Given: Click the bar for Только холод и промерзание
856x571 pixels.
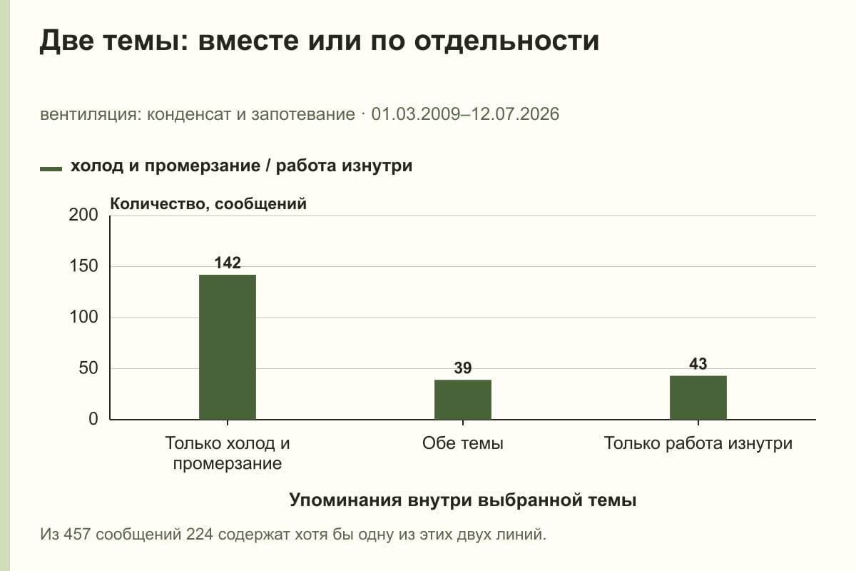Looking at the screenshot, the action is pyautogui.click(x=228, y=347).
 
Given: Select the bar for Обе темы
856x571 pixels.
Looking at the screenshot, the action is pyautogui.click(x=463, y=400).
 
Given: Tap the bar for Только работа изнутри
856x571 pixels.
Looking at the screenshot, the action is pyautogui.click(x=698, y=398).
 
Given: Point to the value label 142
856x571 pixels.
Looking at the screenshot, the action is pyautogui.click(x=228, y=263).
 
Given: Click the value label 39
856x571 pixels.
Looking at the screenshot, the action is pyautogui.click(x=463, y=368).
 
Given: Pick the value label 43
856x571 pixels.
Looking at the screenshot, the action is pyautogui.click(x=698, y=364).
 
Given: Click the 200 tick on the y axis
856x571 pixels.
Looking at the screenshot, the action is pyautogui.click(x=83, y=215).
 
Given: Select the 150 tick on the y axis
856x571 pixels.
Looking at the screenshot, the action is pyautogui.click(x=83, y=266).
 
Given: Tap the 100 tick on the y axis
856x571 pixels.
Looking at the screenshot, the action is pyautogui.click(x=83, y=317).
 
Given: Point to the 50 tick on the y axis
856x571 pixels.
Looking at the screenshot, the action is pyautogui.click(x=88, y=368).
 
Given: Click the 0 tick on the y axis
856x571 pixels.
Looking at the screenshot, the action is pyautogui.click(x=93, y=419).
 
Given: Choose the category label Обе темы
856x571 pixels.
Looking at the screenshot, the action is pyautogui.click(x=463, y=444).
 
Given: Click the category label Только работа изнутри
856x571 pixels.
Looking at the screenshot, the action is pyautogui.click(x=698, y=444).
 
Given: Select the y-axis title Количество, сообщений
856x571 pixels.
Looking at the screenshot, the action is pyautogui.click(x=208, y=204).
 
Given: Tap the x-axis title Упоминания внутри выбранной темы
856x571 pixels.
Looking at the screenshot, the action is pyautogui.click(x=463, y=500).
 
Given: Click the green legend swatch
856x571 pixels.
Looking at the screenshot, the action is pyautogui.click(x=51, y=168).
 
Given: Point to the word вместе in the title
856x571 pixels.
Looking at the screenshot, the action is pyautogui.click(x=248, y=41).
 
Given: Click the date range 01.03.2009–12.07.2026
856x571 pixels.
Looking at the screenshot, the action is pyautogui.click(x=465, y=114).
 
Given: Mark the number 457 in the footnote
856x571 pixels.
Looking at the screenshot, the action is pyautogui.click(x=77, y=535).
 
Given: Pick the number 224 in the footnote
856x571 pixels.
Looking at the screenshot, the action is pyautogui.click(x=200, y=535).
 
